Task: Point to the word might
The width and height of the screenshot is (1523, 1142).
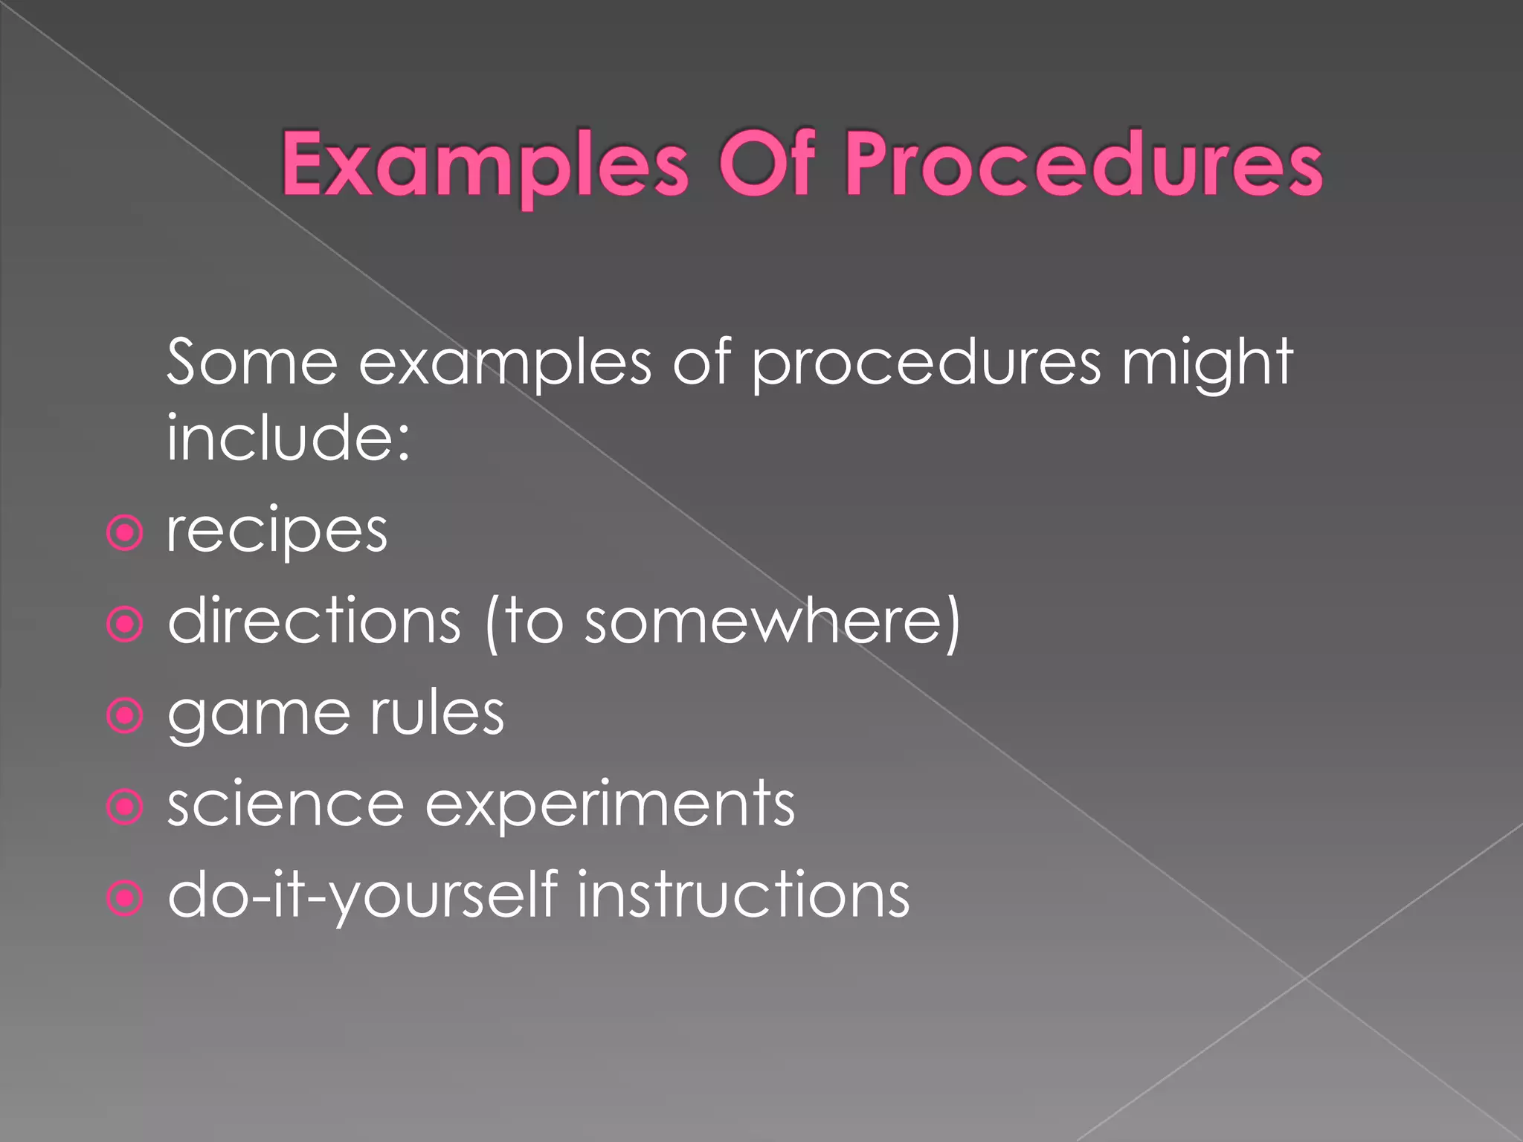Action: pyautogui.click(x=1208, y=363)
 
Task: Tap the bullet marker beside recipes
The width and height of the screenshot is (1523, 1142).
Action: pyautogui.click(x=124, y=532)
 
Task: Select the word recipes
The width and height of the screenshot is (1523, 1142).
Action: pyautogui.click(x=277, y=532)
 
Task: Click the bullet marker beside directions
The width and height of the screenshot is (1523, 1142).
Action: pyautogui.click(x=124, y=624)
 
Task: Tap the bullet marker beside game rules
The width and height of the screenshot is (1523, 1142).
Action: pyautogui.click(x=124, y=715)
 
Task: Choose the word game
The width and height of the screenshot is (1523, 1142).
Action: pyautogui.click(x=259, y=715)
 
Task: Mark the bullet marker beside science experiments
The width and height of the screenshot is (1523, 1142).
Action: pyautogui.click(x=124, y=807)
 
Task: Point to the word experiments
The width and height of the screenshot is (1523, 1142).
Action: pyautogui.click(x=610, y=806)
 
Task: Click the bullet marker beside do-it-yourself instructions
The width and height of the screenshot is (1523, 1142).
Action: pyautogui.click(x=124, y=897)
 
